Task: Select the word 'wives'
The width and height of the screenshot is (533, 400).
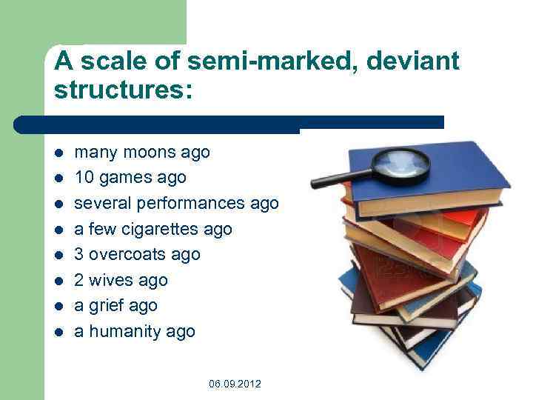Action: [x=110, y=281]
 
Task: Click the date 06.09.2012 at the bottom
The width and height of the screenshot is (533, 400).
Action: [x=235, y=384]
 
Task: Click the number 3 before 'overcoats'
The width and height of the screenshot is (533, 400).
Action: [x=80, y=255]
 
